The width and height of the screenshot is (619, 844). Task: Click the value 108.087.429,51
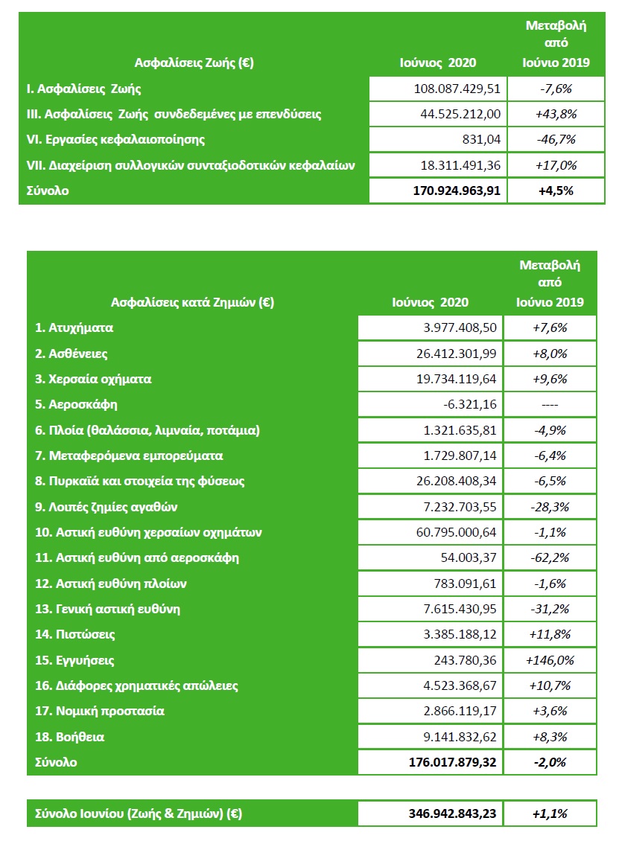456,89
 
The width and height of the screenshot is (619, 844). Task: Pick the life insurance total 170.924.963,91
456,191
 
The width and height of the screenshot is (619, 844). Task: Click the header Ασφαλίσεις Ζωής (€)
194,63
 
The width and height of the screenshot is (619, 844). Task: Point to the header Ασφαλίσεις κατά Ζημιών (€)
192,302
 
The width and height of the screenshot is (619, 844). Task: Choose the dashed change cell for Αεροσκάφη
550,404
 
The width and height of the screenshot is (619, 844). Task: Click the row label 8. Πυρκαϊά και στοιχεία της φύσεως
140,481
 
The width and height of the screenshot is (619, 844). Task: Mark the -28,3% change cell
550,507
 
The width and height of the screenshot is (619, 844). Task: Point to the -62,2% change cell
550,557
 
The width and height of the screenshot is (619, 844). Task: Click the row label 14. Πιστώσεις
75,634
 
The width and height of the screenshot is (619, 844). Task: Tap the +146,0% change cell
550,660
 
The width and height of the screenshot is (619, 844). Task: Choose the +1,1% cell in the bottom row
550,813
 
